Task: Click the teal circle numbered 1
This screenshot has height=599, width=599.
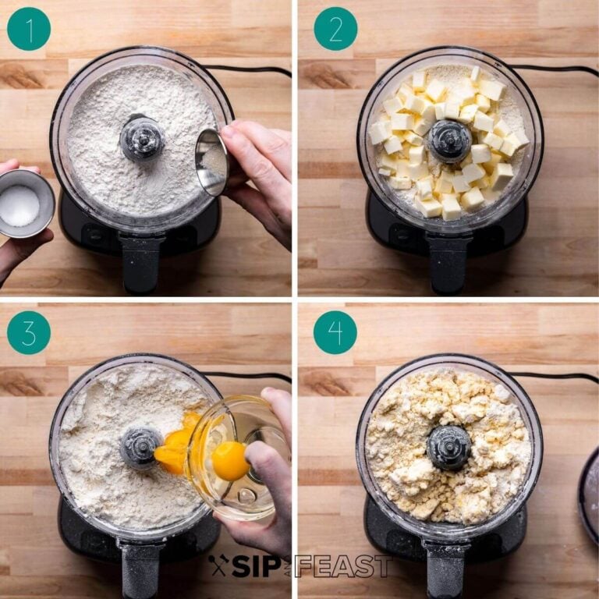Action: [x=29, y=29]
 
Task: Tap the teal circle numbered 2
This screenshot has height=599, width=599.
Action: [x=335, y=29]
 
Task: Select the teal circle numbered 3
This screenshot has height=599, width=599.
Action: [x=29, y=333]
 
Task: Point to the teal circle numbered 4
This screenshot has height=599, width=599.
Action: [x=335, y=332]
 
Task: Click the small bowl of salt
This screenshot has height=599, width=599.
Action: [x=26, y=204]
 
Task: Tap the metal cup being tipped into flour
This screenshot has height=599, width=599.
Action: [x=212, y=161]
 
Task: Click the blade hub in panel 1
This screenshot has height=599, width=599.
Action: [x=142, y=137]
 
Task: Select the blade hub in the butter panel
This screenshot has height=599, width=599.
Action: [x=449, y=141]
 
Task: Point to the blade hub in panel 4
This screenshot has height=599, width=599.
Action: [x=448, y=448]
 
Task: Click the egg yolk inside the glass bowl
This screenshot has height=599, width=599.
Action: [x=230, y=461]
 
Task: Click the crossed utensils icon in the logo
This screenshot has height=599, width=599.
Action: [x=218, y=565]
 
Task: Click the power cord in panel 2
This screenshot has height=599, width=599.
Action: [x=554, y=69]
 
